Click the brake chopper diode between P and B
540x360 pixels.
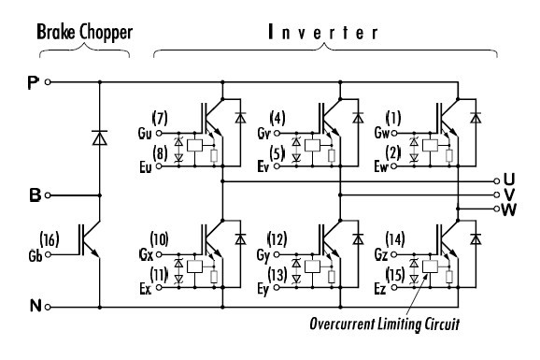(99, 137)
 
